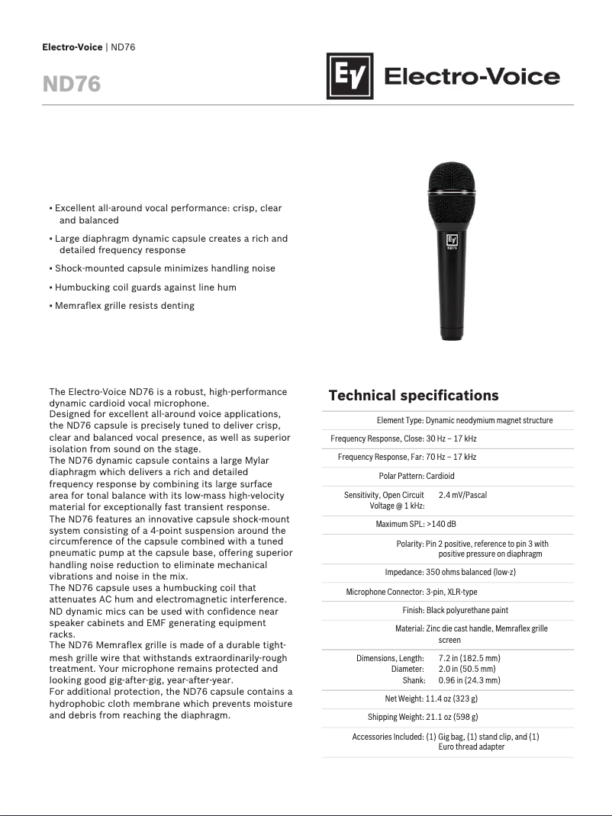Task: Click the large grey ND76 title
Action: [72, 84]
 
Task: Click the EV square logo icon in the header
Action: [349, 76]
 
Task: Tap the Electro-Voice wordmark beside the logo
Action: [471, 77]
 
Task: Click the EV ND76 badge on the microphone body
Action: [452, 242]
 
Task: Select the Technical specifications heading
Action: [413, 395]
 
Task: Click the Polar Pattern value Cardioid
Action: [440, 476]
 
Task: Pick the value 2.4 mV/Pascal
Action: [462, 495]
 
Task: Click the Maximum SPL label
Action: [400, 524]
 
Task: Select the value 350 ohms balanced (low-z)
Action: [471, 572]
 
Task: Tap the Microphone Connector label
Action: [385, 592]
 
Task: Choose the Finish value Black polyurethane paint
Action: [467, 610]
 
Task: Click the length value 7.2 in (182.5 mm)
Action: [469, 657]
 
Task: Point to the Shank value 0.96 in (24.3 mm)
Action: [469, 679]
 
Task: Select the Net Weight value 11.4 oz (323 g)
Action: [452, 698]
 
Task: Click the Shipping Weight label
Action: [395, 717]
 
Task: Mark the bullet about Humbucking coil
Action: [145, 288]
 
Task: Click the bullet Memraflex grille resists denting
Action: [124, 306]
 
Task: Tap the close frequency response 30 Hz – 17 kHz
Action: [451, 439]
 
